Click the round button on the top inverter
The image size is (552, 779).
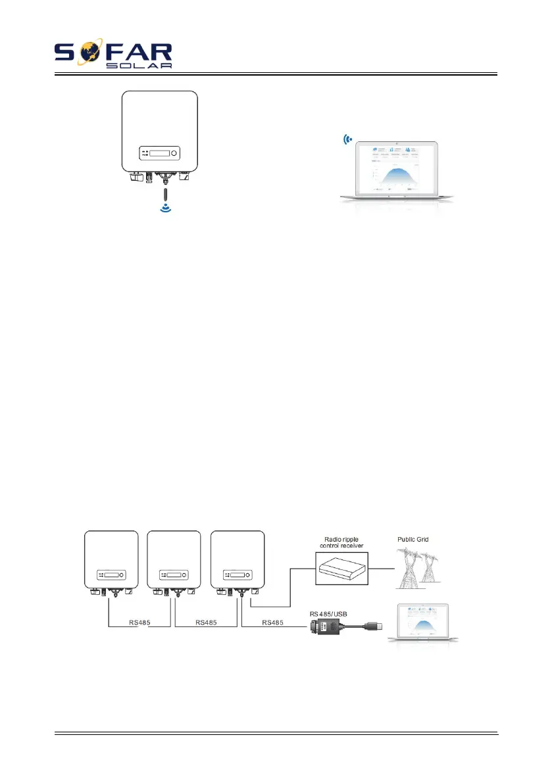[x=174, y=154]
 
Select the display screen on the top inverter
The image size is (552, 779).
[x=159, y=154]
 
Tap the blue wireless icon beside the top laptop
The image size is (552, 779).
[x=347, y=139]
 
